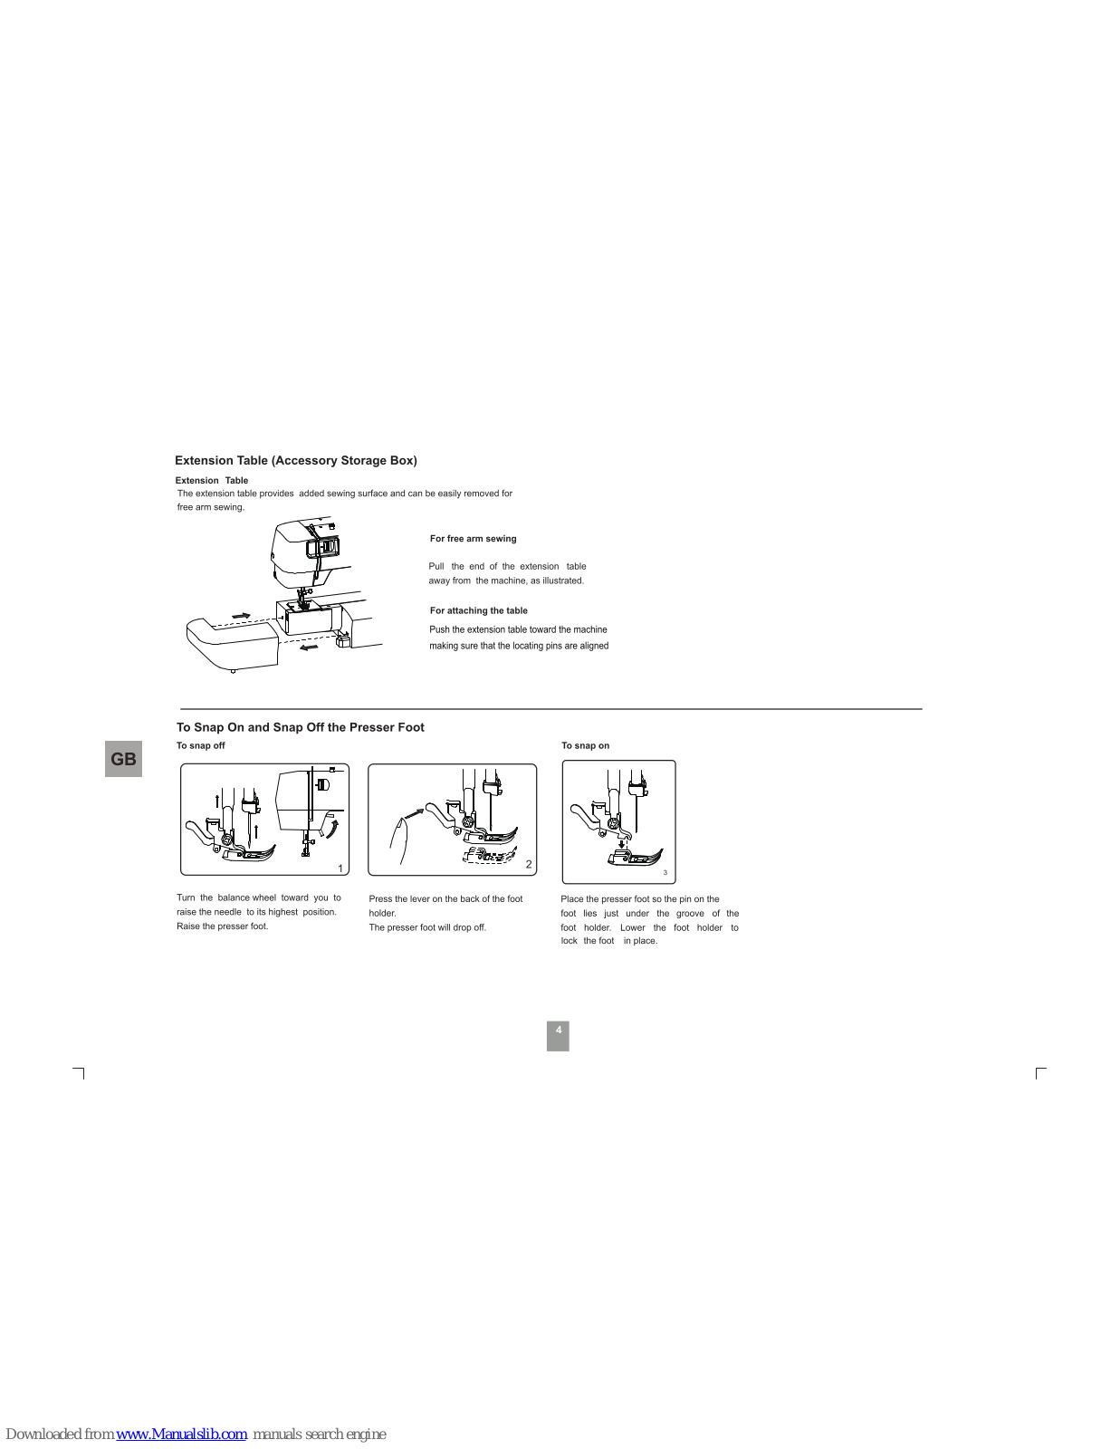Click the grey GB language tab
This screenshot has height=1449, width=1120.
click(123, 759)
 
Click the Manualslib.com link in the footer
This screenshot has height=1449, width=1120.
click(181, 1434)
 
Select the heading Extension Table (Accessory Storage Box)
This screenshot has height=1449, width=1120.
click(296, 460)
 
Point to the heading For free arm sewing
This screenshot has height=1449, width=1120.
click(473, 539)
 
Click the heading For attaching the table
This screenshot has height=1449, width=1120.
click(478, 610)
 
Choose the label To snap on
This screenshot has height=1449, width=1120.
click(585, 745)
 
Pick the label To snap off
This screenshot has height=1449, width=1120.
click(200, 745)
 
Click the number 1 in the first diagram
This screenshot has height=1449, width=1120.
click(340, 868)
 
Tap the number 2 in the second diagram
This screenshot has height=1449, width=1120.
click(529, 864)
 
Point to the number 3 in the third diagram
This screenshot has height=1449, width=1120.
click(665, 873)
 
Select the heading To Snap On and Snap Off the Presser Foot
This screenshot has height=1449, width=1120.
click(300, 727)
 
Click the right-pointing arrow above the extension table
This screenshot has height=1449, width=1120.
click(241, 616)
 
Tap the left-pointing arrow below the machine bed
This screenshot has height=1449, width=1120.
click(309, 647)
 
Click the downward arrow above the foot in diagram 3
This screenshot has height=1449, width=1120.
click(621, 845)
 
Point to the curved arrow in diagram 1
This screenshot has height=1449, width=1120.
click(333, 828)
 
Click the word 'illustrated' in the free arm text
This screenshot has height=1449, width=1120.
click(562, 581)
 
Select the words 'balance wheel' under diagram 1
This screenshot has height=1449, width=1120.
click(246, 897)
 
